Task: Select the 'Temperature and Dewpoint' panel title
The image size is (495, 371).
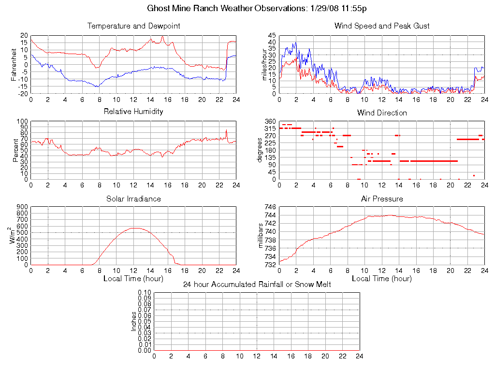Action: point(133,26)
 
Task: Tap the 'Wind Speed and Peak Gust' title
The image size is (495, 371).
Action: point(382,26)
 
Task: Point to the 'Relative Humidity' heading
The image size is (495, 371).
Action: point(133,112)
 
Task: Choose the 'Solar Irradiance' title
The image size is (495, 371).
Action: point(133,199)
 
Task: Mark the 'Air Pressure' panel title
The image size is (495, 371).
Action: point(382,199)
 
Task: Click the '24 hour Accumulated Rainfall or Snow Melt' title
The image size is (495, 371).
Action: point(257,285)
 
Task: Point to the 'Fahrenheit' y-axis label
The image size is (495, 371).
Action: point(14,64)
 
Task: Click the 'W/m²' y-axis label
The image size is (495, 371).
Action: point(14,236)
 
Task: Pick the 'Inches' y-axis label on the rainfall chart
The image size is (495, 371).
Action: point(134,321)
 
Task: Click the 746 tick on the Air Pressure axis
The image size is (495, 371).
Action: point(270,206)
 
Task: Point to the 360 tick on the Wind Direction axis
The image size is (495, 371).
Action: point(270,121)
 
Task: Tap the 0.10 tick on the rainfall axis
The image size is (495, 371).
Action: point(145,292)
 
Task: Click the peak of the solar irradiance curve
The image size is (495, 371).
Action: point(134,228)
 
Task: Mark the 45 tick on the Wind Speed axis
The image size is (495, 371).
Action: point(272,35)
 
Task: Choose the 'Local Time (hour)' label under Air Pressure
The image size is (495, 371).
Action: point(382,279)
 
